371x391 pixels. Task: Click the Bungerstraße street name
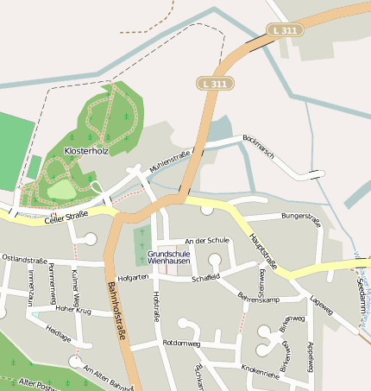[300, 219]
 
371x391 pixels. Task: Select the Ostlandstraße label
[24, 258]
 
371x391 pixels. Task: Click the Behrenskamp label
[259, 298]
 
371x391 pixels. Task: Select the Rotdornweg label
[180, 343]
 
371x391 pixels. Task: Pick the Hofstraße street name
[156, 306]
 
